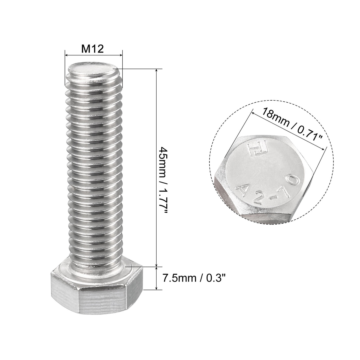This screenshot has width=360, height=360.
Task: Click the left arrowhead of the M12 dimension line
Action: (66, 55)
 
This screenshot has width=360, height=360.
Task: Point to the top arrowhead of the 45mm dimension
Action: (157, 70)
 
